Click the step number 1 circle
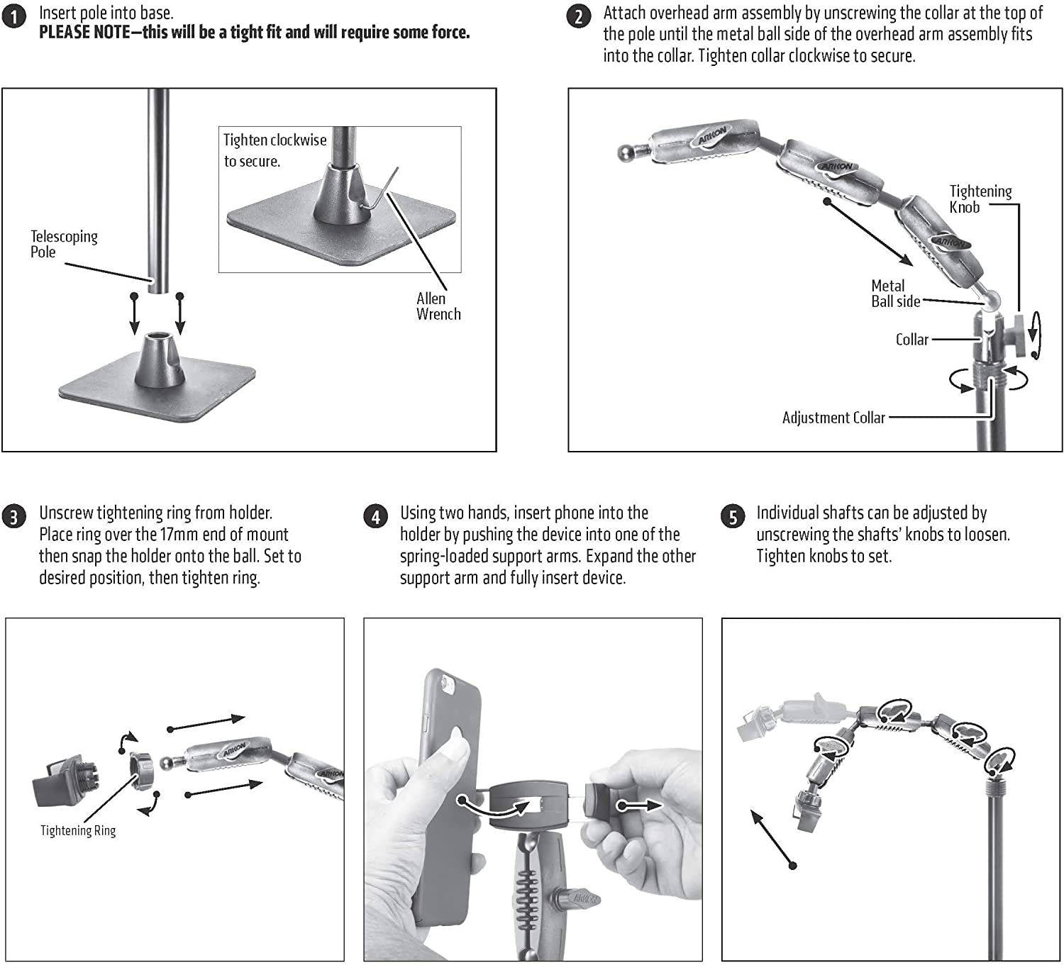14,17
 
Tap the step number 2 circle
579,17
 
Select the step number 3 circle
14,517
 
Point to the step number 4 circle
376,517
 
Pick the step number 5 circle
733,517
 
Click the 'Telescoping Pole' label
64,244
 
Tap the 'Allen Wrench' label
438,306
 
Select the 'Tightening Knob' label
980,199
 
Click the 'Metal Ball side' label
895,294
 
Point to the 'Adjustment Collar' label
833,418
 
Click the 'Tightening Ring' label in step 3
78,830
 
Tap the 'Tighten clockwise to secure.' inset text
275,150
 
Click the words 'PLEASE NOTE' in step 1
84,33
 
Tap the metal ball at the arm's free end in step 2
625,152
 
